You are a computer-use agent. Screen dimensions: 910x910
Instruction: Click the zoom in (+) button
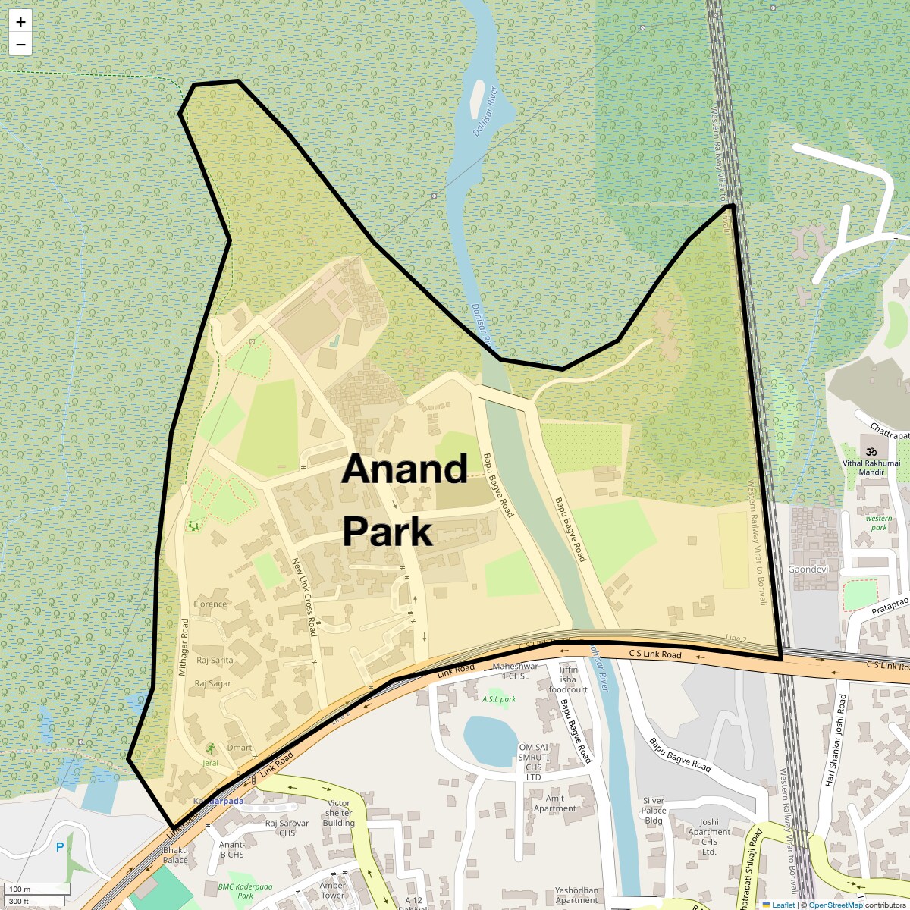pyautogui.click(x=20, y=22)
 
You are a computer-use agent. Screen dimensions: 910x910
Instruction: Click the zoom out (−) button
pyautogui.click(x=20, y=44)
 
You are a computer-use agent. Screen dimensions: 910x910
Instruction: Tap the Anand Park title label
pyautogui.click(x=403, y=500)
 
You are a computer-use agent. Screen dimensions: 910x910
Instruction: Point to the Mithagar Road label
pyautogui.click(x=184, y=646)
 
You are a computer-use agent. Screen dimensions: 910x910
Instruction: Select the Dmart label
pyautogui.click(x=240, y=748)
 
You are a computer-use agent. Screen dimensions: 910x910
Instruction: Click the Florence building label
pyautogui.click(x=210, y=604)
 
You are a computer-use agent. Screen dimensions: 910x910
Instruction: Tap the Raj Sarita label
pyautogui.click(x=215, y=661)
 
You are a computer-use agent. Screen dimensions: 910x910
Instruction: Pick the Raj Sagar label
pyautogui.click(x=212, y=684)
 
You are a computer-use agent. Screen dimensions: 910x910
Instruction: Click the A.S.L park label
pyautogui.click(x=499, y=698)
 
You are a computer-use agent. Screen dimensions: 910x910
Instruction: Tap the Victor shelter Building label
pyautogui.click(x=338, y=813)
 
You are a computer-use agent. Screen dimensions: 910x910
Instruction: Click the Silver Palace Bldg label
pyautogui.click(x=654, y=810)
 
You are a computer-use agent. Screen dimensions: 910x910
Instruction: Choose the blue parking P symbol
pyautogui.click(x=60, y=847)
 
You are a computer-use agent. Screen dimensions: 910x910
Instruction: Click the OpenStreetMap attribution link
pyautogui.click(x=835, y=905)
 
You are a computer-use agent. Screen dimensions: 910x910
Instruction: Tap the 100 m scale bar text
pyautogui.click(x=20, y=890)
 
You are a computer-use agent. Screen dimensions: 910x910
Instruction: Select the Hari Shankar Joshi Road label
pyautogui.click(x=836, y=730)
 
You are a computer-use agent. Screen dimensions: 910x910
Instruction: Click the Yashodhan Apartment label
pyautogui.click(x=576, y=896)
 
